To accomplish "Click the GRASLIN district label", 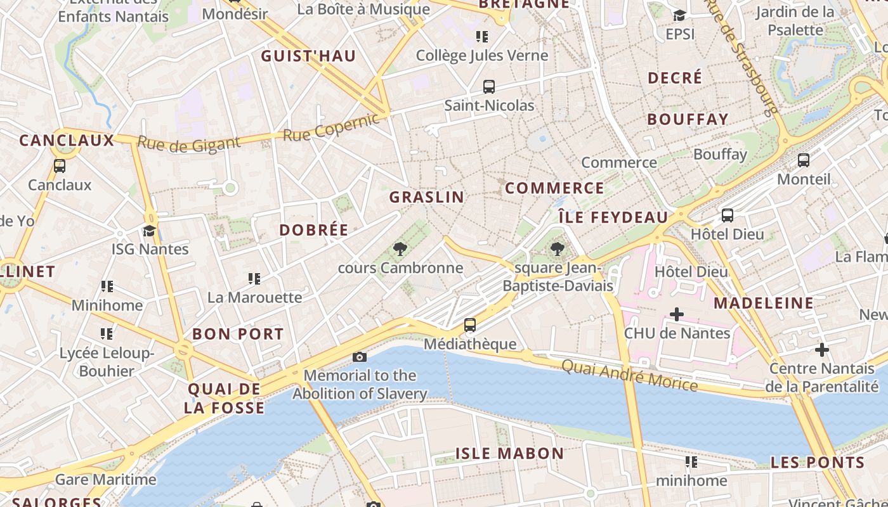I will pyautogui.click(x=427, y=197).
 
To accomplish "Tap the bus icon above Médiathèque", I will pyautogui.click(x=469, y=325).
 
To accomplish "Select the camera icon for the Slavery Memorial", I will pyautogui.click(x=360, y=357).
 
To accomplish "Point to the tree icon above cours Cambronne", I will pyautogui.click(x=400, y=249).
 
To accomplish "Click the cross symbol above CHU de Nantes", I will pyautogui.click(x=677, y=314).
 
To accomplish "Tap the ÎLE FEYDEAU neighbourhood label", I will pyautogui.click(x=613, y=217).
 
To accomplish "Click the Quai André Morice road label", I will pyautogui.click(x=629, y=375).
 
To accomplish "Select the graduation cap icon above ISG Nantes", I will pyautogui.click(x=149, y=231).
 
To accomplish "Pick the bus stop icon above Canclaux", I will pyautogui.click(x=60, y=166).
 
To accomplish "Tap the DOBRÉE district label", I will pyautogui.click(x=314, y=230).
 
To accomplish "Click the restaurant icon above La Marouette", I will pyautogui.click(x=254, y=278).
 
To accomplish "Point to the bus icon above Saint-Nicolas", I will pyautogui.click(x=488, y=87).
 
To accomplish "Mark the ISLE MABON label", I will pyautogui.click(x=509, y=454).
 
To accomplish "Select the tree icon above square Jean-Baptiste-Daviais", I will pyautogui.click(x=558, y=249).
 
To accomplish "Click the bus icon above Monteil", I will pyautogui.click(x=803, y=160).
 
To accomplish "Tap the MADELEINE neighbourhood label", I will pyautogui.click(x=764, y=304).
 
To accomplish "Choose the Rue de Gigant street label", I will pyautogui.click(x=189, y=144).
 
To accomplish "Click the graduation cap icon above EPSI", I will pyautogui.click(x=679, y=15).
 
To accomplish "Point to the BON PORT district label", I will pyautogui.click(x=238, y=334).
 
